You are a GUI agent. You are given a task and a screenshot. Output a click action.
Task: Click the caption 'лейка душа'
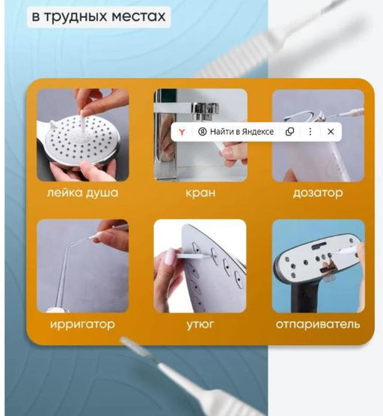point(82,193)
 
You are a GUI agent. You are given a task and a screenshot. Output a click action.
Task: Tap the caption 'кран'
point(200,193)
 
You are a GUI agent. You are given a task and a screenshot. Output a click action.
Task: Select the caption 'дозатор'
point(318,193)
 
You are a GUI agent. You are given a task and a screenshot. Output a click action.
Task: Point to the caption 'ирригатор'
point(82,325)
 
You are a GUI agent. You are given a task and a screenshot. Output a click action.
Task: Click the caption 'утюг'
point(200,325)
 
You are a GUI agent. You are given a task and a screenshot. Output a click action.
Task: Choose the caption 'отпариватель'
point(318,325)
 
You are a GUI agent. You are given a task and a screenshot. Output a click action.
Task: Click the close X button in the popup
point(331,132)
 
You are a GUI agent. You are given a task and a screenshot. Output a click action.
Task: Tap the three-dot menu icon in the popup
point(310,132)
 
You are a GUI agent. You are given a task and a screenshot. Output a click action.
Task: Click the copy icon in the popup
point(289,132)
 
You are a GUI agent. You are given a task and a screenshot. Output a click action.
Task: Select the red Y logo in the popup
point(182,132)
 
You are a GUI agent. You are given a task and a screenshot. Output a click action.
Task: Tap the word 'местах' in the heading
point(138,16)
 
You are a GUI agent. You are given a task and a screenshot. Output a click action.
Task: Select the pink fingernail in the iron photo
point(168,257)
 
